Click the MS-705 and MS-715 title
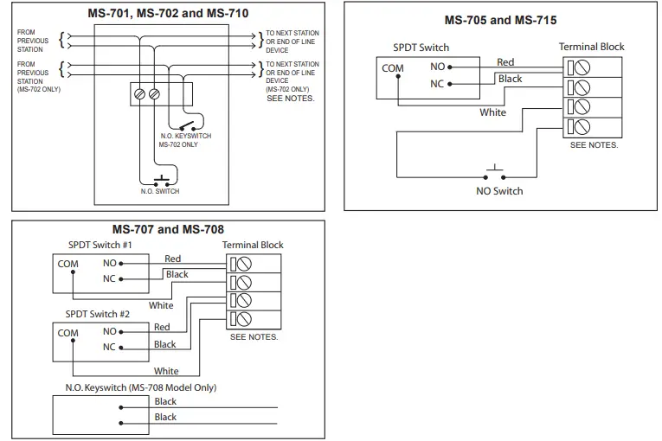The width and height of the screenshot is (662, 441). (500, 20)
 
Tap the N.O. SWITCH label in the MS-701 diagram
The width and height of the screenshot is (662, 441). (160, 191)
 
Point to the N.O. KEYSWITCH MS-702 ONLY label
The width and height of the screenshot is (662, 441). (185, 140)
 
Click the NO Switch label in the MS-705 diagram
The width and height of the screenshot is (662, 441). (499, 191)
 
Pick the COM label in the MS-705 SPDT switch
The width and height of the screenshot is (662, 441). (392, 68)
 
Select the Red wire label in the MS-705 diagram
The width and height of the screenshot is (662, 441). (505, 61)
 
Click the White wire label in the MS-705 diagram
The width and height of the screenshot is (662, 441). (492, 112)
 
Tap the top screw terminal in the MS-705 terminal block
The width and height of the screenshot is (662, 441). (582, 66)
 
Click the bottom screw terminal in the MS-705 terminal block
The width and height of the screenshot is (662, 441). (582, 128)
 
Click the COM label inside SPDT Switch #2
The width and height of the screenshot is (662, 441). (67, 333)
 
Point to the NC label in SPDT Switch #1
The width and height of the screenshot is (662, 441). (109, 279)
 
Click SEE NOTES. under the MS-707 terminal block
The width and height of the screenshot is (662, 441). (254, 337)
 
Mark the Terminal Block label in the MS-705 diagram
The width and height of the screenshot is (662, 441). (591, 47)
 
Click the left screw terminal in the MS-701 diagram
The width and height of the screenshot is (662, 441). (141, 93)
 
